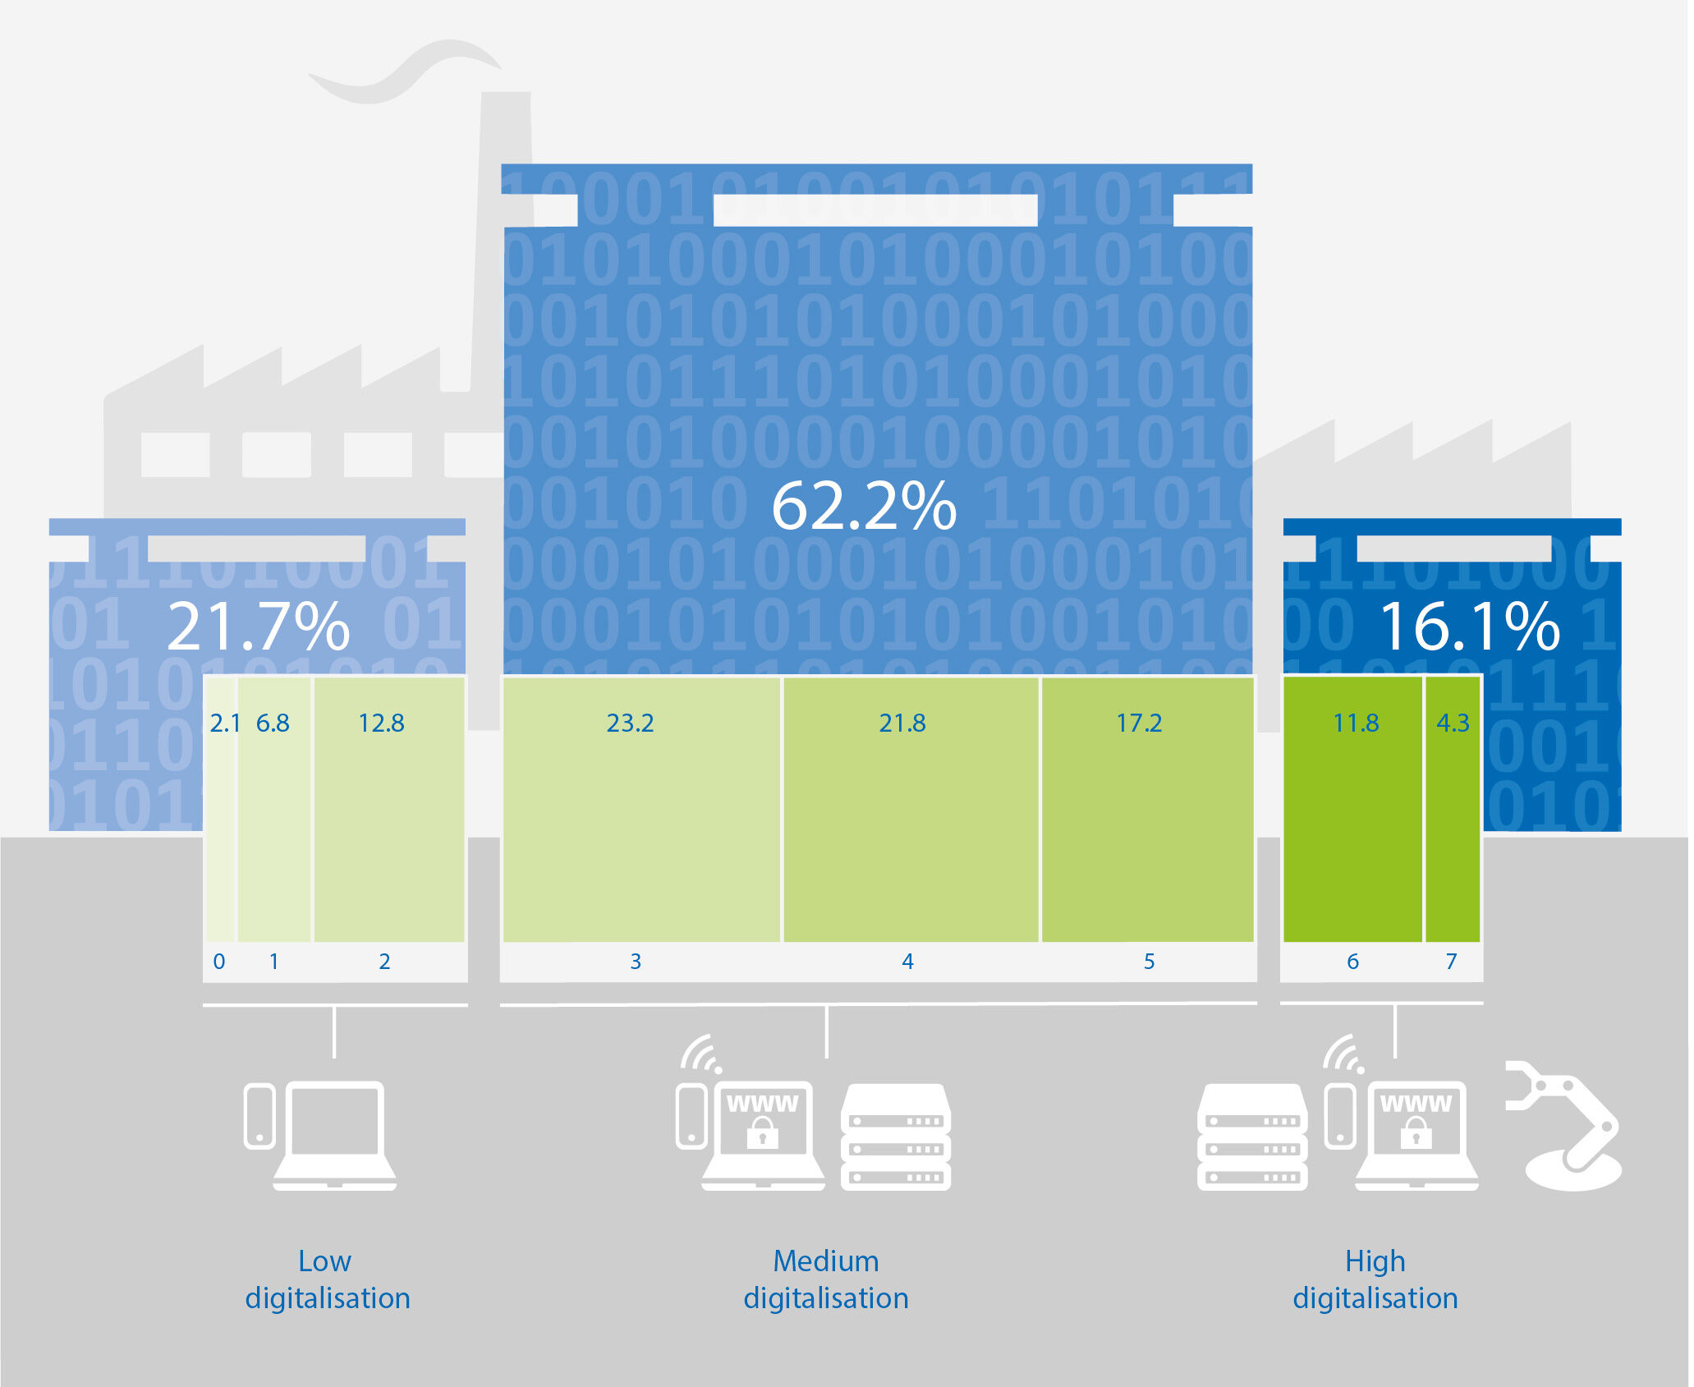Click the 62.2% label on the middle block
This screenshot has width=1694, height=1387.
coord(864,507)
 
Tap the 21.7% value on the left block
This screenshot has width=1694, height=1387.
coord(259,627)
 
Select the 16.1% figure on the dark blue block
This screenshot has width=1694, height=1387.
coord(1469,627)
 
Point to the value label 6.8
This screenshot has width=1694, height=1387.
coord(273,723)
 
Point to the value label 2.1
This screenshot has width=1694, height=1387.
coord(224,723)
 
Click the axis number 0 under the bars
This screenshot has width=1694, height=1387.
coord(219,962)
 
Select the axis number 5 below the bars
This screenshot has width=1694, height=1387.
coord(1149,962)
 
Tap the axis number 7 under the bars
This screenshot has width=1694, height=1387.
coord(1451,962)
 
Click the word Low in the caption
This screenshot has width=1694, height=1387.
coord(324,1261)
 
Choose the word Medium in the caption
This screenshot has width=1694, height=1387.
coord(825,1261)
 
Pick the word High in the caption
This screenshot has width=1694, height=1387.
coord(1375,1261)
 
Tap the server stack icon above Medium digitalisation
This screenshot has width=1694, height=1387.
coord(895,1137)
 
